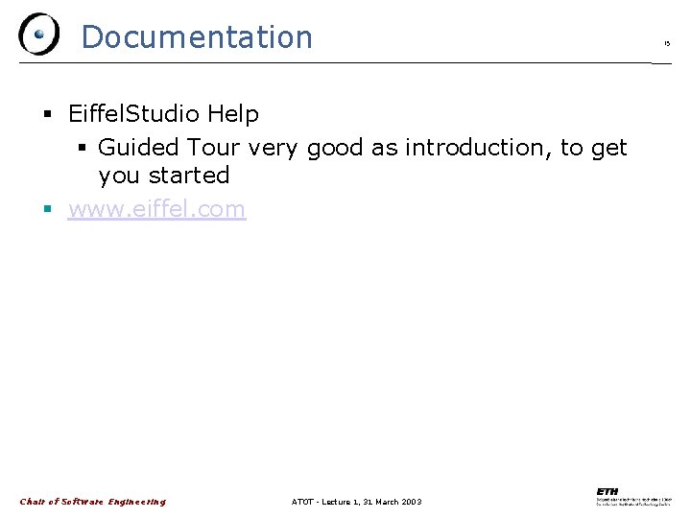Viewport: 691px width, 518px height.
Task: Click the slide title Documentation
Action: (197, 37)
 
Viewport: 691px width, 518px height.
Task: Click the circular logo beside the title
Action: (38, 35)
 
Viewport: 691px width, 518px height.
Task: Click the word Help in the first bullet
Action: (232, 114)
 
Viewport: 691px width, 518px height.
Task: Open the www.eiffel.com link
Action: (156, 209)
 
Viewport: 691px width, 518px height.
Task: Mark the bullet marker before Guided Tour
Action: (83, 149)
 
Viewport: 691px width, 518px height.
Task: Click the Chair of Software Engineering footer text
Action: (93, 502)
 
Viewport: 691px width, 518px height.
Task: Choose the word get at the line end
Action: (608, 148)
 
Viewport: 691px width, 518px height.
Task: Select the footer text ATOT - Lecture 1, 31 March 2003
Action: (356, 502)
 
